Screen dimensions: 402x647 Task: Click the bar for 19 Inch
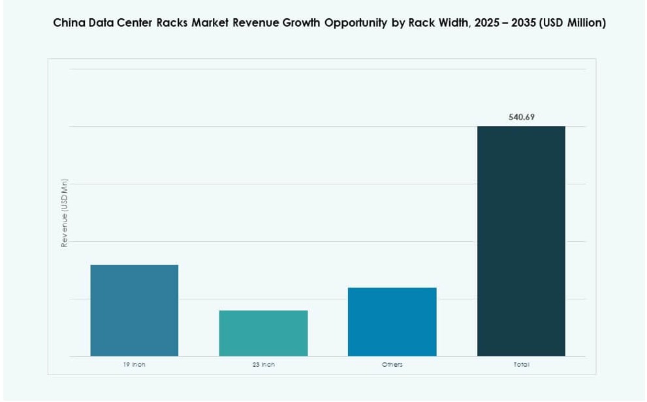coord(134,310)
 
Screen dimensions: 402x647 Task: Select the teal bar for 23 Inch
coord(263,333)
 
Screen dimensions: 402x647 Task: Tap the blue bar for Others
coord(392,322)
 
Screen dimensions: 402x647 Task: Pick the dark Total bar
coord(521,241)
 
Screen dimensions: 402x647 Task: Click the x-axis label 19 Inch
coord(134,365)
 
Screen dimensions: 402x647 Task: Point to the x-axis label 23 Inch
coord(263,365)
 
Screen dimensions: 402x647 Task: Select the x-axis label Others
coord(392,365)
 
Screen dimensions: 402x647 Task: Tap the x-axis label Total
coord(521,365)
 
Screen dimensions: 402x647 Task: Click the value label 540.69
coord(521,118)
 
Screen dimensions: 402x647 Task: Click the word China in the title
coord(69,24)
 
